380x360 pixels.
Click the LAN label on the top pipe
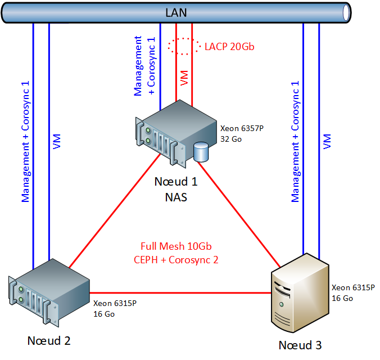coord(176,12)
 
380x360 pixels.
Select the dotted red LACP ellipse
coord(184,46)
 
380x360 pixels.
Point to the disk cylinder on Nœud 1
coord(200,152)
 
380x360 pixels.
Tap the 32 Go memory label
coord(232,138)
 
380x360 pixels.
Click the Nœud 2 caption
coord(49,341)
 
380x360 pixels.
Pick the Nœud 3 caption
coord(300,345)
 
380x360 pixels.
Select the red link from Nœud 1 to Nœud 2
coord(112,211)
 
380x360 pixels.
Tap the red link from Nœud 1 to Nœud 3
coord(239,211)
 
